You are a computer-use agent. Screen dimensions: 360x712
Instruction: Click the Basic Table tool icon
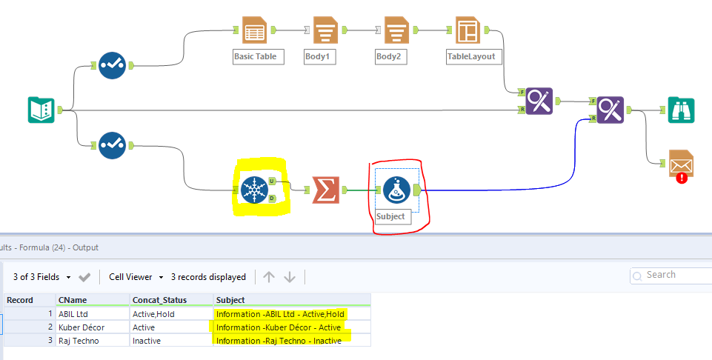pyautogui.click(x=254, y=30)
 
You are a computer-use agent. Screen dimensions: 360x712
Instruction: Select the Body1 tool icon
pyautogui.click(x=325, y=30)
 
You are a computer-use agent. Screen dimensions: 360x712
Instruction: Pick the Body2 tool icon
pyautogui.click(x=396, y=30)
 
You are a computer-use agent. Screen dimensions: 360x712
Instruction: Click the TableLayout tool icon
pyautogui.click(x=468, y=30)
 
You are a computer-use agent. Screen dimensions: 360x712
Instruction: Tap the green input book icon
pyautogui.click(x=40, y=110)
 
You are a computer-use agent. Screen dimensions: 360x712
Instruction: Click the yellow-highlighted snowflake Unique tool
pyautogui.click(x=254, y=190)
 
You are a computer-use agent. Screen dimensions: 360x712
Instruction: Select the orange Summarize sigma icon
pyautogui.click(x=325, y=190)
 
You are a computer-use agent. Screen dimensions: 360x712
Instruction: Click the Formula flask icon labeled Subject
pyautogui.click(x=396, y=190)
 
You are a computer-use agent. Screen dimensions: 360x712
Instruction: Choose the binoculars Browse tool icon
pyautogui.click(x=680, y=110)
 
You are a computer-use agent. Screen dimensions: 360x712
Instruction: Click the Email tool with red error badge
pyautogui.click(x=680, y=164)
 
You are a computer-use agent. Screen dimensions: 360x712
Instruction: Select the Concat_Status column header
pyautogui.click(x=159, y=299)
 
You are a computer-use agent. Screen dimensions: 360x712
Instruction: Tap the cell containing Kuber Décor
pyautogui.click(x=81, y=327)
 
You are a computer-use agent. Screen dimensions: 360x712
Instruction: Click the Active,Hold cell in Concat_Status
pyautogui.click(x=154, y=313)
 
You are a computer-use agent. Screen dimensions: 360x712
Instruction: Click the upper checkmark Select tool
pyautogui.click(x=112, y=65)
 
